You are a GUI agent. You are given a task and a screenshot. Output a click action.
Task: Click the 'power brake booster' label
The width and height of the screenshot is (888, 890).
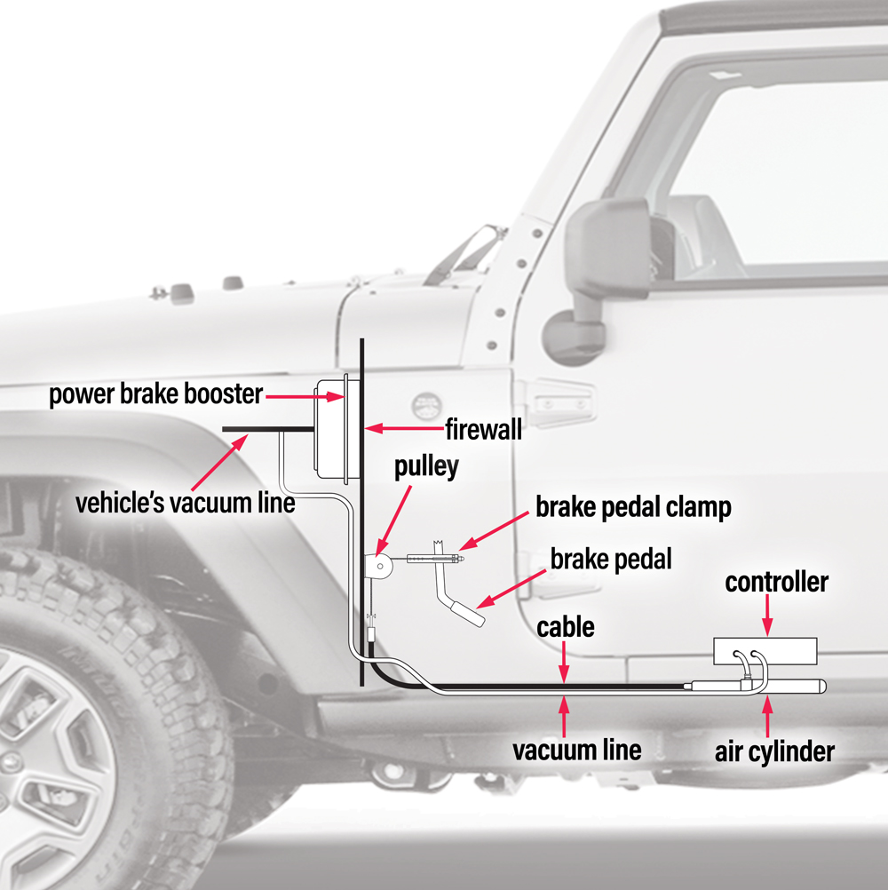tap(155, 394)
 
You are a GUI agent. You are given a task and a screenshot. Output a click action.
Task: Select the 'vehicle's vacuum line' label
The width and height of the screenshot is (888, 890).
tap(185, 503)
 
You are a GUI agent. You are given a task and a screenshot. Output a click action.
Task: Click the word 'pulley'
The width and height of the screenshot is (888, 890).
tap(426, 467)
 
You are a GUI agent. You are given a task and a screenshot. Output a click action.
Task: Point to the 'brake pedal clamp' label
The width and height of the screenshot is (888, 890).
tap(633, 507)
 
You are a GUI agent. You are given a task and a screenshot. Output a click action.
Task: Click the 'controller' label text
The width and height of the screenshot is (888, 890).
tap(776, 583)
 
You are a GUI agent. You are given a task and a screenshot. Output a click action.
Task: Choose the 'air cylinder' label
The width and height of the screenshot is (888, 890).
tap(775, 751)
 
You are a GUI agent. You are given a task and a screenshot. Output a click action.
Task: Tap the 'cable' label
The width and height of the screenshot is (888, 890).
tap(566, 627)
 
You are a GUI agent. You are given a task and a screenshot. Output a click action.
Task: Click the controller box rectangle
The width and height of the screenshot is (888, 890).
tap(765, 651)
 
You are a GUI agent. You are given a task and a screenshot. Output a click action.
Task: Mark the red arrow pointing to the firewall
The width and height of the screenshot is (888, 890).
tap(405, 429)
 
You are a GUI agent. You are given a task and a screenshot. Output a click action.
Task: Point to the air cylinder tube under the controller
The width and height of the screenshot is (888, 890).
tap(781, 687)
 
